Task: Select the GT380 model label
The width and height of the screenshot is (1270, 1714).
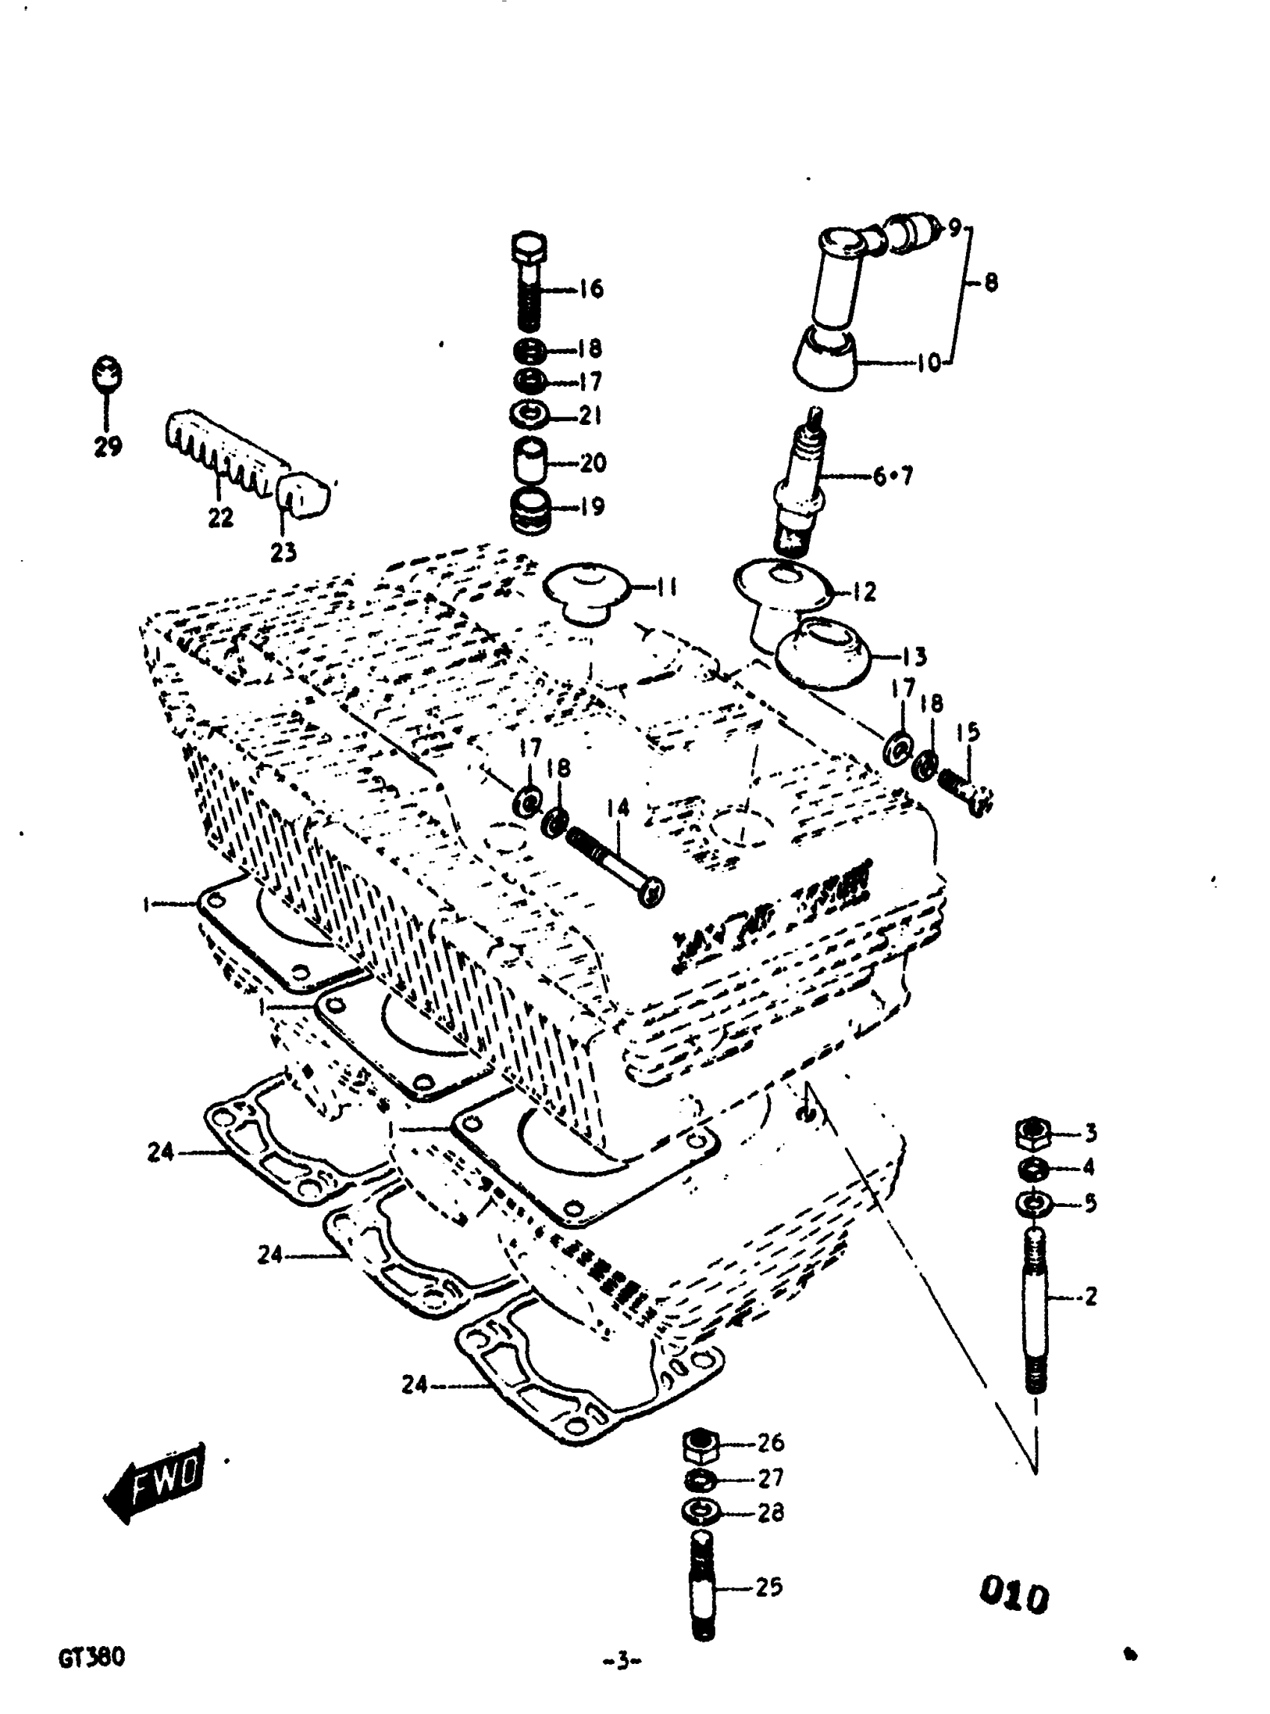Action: tap(91, 1658)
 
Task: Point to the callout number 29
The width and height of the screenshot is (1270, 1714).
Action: tap(108, 446)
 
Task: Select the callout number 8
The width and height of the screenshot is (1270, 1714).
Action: tap(991, 283)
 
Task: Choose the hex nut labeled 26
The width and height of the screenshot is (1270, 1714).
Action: tap(700, 1445)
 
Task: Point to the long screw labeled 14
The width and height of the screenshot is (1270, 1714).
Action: tap(613, 866)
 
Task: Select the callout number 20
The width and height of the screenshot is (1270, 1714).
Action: tap(592, 463)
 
